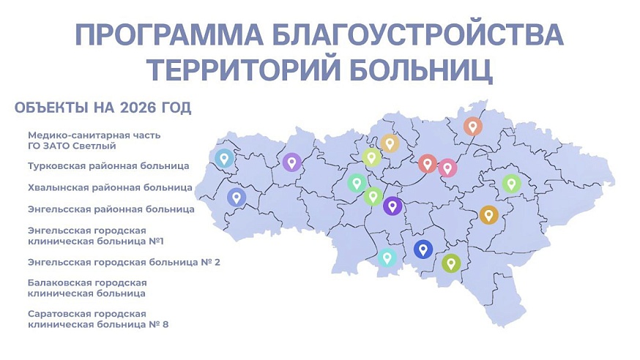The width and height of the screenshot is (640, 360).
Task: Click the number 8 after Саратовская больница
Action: (165, 324)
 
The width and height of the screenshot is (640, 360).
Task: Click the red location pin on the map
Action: (428, 163)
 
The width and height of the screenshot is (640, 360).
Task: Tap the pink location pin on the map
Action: (447, 168)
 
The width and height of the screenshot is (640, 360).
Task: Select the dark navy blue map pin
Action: (423, 249)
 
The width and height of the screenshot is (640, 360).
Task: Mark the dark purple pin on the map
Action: (392, 206)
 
